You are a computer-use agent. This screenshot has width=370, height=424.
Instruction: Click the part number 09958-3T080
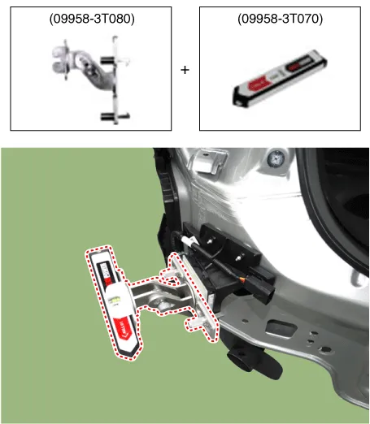click(92, 19)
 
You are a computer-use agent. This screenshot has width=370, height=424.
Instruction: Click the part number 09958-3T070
click(280, 19)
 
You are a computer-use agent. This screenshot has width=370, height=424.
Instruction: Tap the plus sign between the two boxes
click(185, 70)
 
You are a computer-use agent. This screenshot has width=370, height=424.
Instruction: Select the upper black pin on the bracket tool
click(107, 60)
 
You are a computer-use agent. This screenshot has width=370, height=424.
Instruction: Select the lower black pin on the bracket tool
click(107, 117)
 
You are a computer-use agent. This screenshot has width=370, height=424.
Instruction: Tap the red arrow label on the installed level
click(124, 328)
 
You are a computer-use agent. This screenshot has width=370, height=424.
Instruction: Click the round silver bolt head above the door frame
click(276, 158)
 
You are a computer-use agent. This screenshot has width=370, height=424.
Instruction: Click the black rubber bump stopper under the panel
click(254, 363)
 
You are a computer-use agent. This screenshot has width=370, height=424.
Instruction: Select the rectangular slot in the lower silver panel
click(281, 328)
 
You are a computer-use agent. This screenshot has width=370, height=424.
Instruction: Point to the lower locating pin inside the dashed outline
click(194, 323)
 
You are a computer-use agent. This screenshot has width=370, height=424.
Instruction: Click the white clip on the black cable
click(188, 240)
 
